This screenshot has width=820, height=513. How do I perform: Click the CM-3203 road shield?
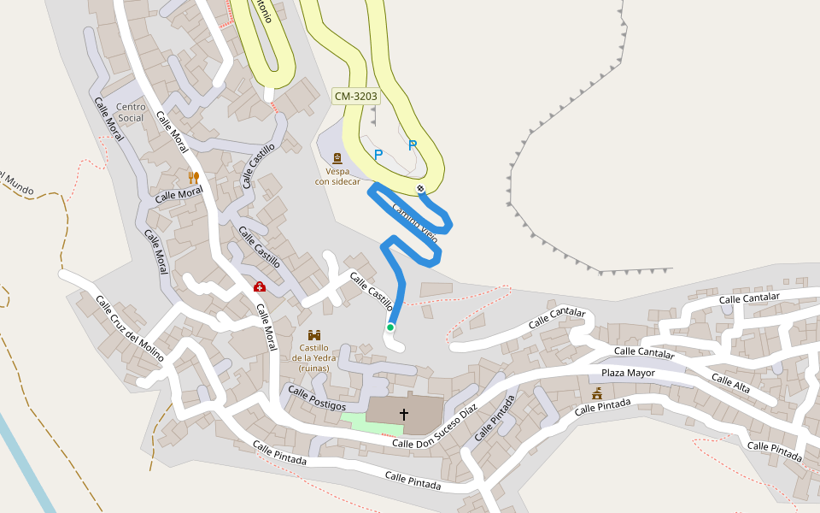coord(355,97)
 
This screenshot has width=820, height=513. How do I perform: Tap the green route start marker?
coord(390,327)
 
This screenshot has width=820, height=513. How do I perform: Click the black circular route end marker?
coord(420,188)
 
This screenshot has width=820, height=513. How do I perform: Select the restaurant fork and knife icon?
coord(194,177)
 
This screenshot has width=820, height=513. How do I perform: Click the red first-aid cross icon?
coord(259,287)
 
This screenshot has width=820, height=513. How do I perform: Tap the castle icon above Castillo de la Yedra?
coord(313,335)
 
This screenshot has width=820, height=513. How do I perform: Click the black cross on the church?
coord(404,415)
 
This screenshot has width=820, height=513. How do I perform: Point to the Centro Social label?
coord(131,112)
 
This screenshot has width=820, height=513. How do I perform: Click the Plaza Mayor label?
coord(628,373)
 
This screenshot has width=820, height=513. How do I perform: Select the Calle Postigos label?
coord(317,398)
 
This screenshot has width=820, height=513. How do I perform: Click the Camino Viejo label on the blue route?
coord(415,225)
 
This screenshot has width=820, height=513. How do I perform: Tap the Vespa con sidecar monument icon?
coord(337,158)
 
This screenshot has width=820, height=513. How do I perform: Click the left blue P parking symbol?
coord(378,155)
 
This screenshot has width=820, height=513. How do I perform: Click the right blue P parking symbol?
coord(413,145)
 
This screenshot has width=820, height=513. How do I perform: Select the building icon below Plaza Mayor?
coord(597,393)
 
